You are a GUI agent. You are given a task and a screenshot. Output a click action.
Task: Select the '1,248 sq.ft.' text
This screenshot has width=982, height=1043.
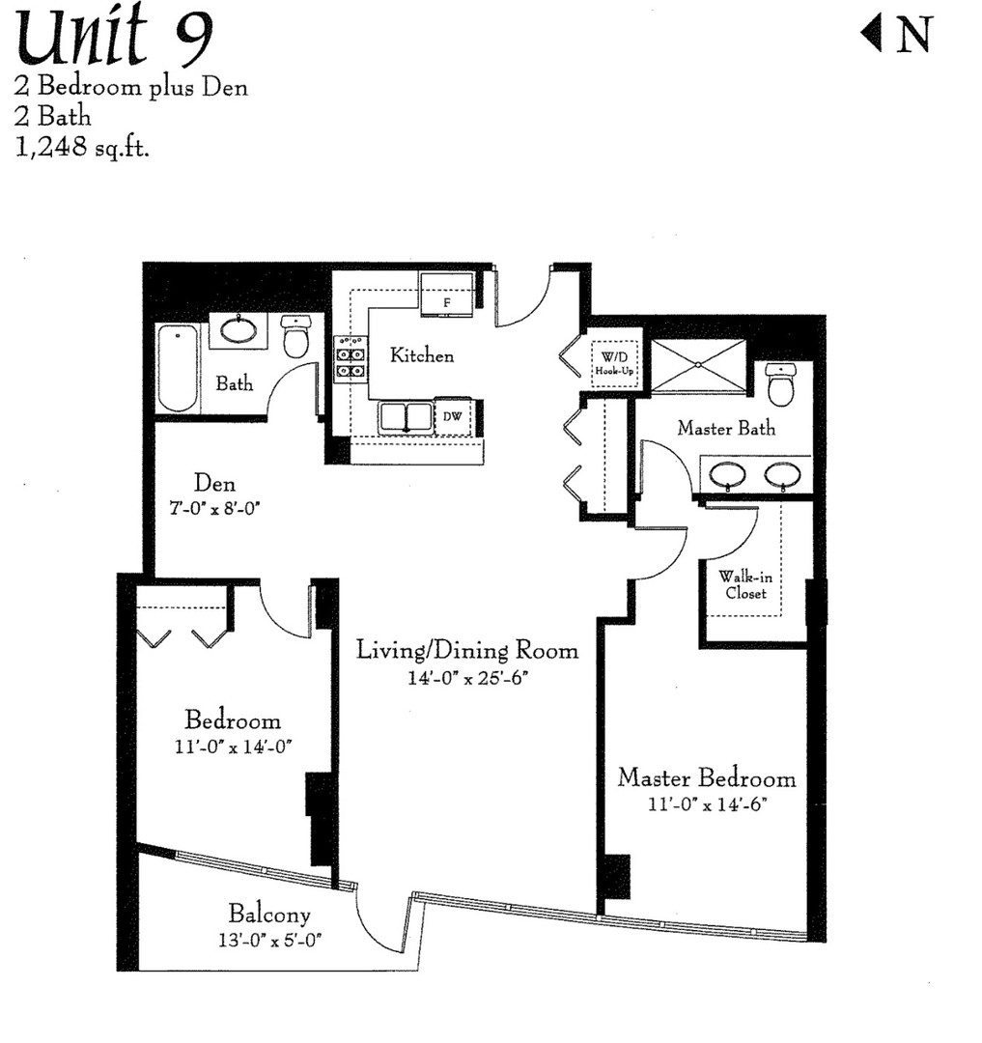click(x=82, y=149)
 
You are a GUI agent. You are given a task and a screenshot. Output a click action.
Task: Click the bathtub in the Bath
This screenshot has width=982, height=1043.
click(x=178, y=368)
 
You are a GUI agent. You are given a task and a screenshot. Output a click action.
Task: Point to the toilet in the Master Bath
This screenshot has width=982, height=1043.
click(x=779, y=385)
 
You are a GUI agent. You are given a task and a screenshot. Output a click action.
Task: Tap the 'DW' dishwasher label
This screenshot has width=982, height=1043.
click(x=452, y=417)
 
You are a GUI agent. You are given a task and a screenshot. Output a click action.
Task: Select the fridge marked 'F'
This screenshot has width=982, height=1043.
click(x=446, y=293)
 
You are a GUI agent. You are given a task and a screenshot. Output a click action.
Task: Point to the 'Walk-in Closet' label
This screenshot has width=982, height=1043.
click(x=745, y=585)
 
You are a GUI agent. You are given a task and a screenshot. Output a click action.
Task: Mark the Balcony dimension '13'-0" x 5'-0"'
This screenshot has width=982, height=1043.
click(x=268, y=937)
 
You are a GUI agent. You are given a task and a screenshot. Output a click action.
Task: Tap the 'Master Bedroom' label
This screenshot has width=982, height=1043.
click(x=707, y=778)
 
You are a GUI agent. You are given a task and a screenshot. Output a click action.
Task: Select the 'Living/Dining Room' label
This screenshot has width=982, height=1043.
click(x=467, y=650)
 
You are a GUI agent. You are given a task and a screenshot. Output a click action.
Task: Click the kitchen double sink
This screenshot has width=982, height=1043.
click(x=405, y=417)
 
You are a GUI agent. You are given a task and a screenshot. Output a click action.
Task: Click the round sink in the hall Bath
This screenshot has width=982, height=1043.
click(x=238, y=330)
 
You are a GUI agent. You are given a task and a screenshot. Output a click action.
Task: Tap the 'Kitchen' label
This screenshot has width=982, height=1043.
click(x=421, y=355)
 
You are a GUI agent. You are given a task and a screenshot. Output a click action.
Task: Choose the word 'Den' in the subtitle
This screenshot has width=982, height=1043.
click(x=225, y=88)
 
